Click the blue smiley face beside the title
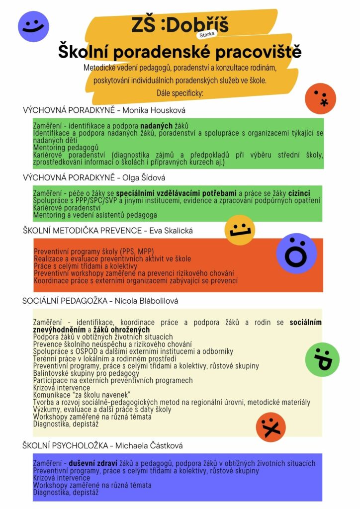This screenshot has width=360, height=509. [33, 26]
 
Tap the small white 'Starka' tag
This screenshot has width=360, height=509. [206, 35]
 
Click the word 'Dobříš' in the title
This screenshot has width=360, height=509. [198, 25]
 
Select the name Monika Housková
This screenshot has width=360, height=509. [154, 110]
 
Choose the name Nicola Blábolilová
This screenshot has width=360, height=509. [147, 301]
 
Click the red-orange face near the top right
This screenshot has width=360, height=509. [320, 98]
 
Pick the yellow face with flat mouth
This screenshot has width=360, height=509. [240, 230]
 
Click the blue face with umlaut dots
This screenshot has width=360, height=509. [296, 254]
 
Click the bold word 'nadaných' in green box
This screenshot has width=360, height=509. [156, 126]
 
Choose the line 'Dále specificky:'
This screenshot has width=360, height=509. [180, 93]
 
